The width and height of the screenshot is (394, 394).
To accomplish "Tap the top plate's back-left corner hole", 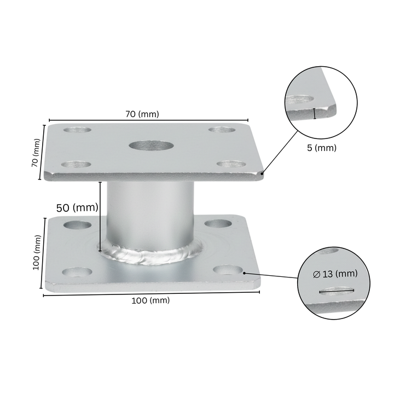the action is pos(77,130).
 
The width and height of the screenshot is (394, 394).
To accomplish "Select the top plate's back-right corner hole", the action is pos(222,130).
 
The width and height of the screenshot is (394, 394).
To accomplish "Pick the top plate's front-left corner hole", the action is pos(76,165).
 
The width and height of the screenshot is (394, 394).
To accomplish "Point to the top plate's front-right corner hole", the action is pos(231,164).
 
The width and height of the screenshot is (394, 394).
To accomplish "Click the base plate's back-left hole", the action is pos(77,225).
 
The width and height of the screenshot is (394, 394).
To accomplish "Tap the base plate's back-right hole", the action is pos(218,223).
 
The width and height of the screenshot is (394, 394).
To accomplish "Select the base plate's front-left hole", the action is pos(77,272).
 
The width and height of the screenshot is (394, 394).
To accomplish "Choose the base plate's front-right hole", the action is pos(228,270).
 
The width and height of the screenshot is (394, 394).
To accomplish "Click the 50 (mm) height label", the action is pos(77,208).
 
